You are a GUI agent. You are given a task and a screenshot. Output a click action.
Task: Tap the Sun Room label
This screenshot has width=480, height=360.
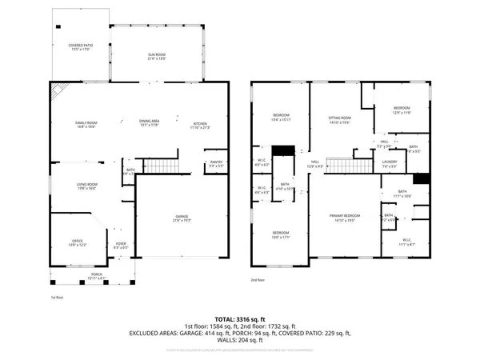click(156, 56)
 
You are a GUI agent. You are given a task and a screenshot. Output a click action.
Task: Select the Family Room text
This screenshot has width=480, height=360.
click(86, 124)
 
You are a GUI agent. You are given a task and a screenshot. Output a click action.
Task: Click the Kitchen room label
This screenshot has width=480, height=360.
click(199, 124)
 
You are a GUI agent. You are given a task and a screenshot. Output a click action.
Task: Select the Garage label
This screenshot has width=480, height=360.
click(186, 217)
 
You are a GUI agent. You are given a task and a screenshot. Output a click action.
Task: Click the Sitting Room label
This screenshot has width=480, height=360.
click(340, 120)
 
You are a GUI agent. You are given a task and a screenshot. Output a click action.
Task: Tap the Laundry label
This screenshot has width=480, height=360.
click(390, 164)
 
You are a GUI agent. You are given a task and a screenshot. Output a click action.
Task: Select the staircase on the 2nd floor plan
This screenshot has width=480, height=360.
click(349, 166)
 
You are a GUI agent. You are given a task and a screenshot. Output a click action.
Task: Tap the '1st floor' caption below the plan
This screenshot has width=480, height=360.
click(56, 297)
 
